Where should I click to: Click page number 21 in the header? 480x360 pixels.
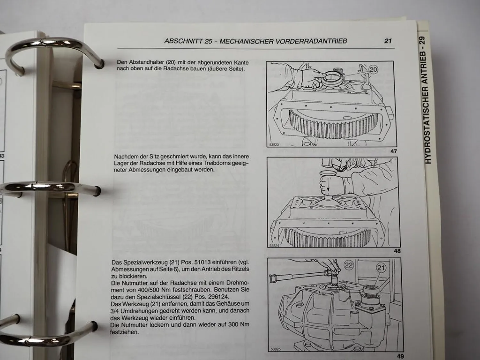coord(388,41)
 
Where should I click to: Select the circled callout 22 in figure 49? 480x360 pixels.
coord(349,265)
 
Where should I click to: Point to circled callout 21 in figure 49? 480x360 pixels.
coord(380,268)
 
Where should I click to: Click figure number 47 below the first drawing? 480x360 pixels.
coord(394,151)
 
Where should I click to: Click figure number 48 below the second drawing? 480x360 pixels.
coord(397,251)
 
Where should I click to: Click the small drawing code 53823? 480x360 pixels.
coord(274,145)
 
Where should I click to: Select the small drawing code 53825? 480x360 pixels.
coord(275,349)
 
